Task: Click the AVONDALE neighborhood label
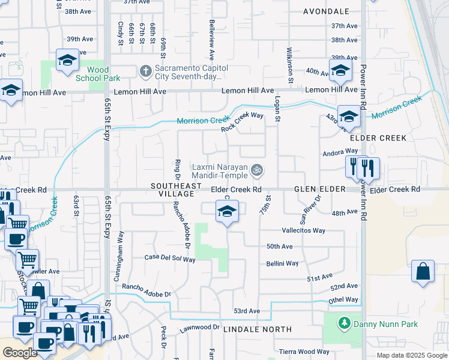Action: click(326, 11)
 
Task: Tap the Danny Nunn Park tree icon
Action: click(344, 324)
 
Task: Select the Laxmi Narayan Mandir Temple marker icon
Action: click(257, 171)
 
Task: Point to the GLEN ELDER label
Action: click(320, 189)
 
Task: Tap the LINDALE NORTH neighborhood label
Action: click(257, 329)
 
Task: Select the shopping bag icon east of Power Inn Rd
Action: click(423, 271)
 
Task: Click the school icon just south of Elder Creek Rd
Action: click(227, 212)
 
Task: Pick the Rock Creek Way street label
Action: click(242, 122)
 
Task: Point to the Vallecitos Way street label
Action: click(303, 230)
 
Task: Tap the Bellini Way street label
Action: click(283, 263)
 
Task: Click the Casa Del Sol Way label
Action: click(170, 259)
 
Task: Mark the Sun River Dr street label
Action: click(311, 206)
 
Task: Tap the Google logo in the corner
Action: click(20, 353)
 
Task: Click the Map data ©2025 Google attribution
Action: click(412, 355)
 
